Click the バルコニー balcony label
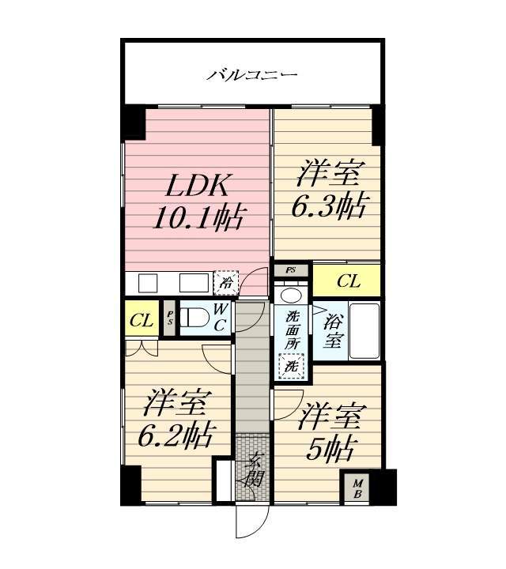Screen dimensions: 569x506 click(252, 76)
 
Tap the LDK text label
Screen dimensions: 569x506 click(198, 187)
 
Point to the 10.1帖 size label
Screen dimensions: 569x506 click(199, 216)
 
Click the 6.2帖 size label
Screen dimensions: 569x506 click(176, 434)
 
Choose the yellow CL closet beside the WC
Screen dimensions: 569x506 click(142, 320)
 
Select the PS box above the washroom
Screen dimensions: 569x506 click(291, 270)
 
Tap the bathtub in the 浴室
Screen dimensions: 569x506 click(364, 330)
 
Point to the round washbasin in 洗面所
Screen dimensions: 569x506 click(291, 296)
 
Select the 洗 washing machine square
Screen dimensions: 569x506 click(290, 366)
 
